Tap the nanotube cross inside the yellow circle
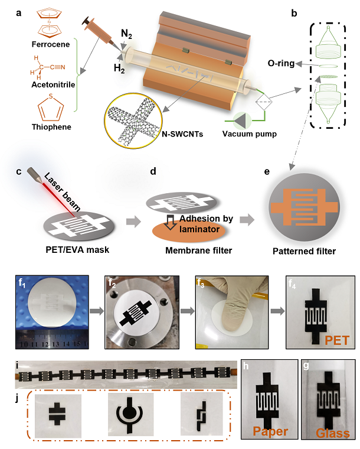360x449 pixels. click(133, 122)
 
